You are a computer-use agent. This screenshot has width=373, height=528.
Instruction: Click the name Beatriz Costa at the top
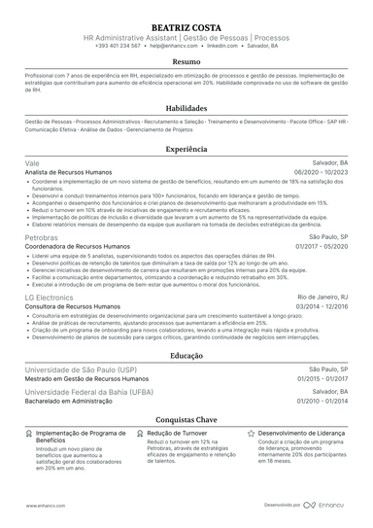click(186, 22)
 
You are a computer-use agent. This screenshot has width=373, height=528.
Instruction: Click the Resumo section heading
click(186, 60)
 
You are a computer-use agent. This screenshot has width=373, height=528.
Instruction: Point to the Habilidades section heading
click(186, 110)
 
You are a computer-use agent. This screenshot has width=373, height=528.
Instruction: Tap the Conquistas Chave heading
click(186, 418)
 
